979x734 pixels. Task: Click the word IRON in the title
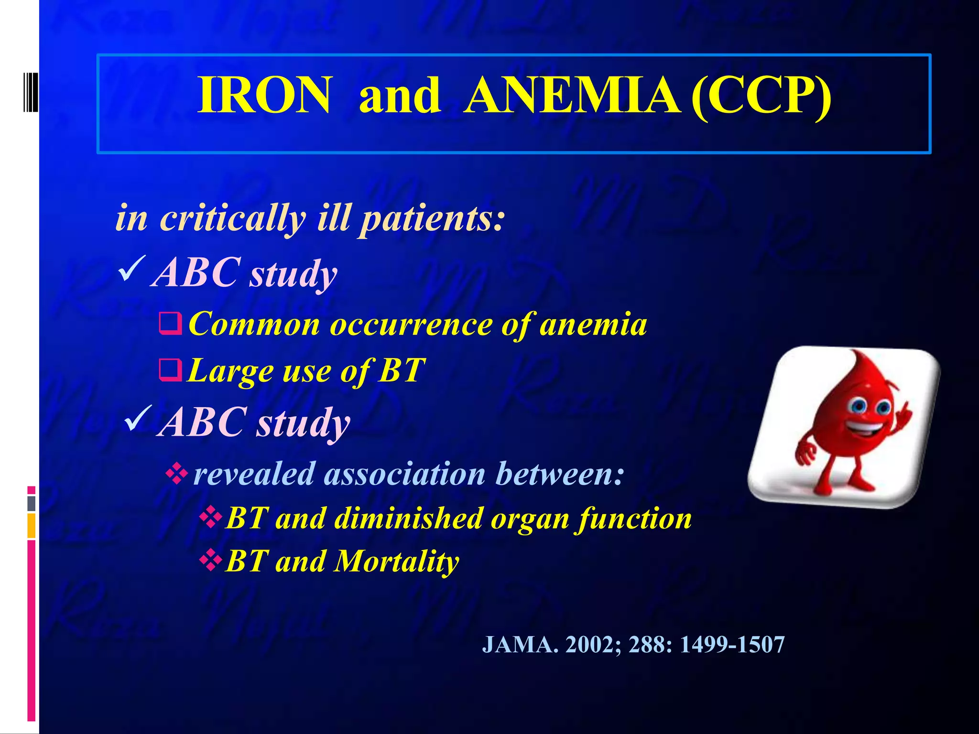(264, 96)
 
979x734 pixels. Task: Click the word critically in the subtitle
(232, 218)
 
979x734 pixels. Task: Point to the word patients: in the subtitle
(432, 218)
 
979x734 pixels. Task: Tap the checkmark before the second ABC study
(138, 417)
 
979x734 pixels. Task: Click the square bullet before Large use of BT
(170, 370)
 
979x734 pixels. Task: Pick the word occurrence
(411, 325)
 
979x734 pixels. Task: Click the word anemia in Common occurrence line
(593, 325)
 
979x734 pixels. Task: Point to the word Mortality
(397, 561)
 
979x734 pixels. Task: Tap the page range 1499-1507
(732, 645)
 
